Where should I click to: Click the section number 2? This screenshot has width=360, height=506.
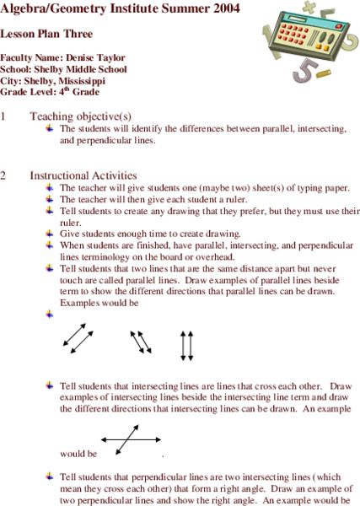click(x=4, y=175)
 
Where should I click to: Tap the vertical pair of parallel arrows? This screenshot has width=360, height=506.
click(x=187, y=344)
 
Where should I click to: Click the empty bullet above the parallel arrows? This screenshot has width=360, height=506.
click(x=50, y=314)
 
